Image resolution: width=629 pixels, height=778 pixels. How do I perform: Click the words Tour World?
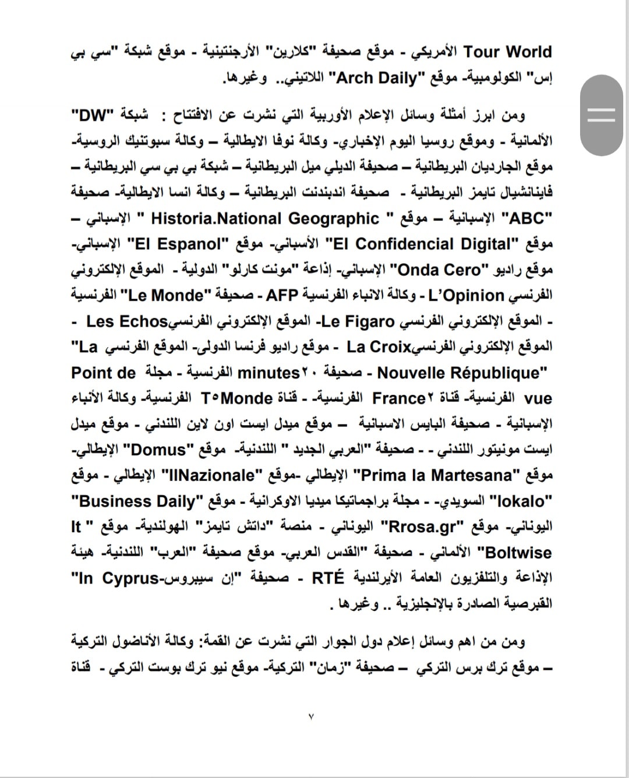click(x=507, y=52)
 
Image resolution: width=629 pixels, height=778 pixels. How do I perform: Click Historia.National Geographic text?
click(x=265, y=218)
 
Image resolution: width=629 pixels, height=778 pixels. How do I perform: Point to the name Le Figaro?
click(x=358, y=321)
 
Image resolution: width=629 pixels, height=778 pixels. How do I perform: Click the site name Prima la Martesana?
click(x=436, y=475)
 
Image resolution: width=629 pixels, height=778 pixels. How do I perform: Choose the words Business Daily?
click(x=137, y=501)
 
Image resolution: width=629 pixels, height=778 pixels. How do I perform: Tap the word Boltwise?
click(x=514, y=552)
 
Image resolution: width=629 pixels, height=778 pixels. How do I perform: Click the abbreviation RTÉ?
click(x=328, y=578)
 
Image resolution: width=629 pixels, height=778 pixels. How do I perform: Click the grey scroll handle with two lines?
click(x=602, y=115)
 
